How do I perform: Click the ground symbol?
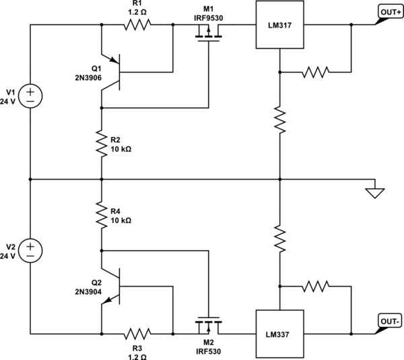coord(374,191)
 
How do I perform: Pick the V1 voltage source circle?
coord(30,94)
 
